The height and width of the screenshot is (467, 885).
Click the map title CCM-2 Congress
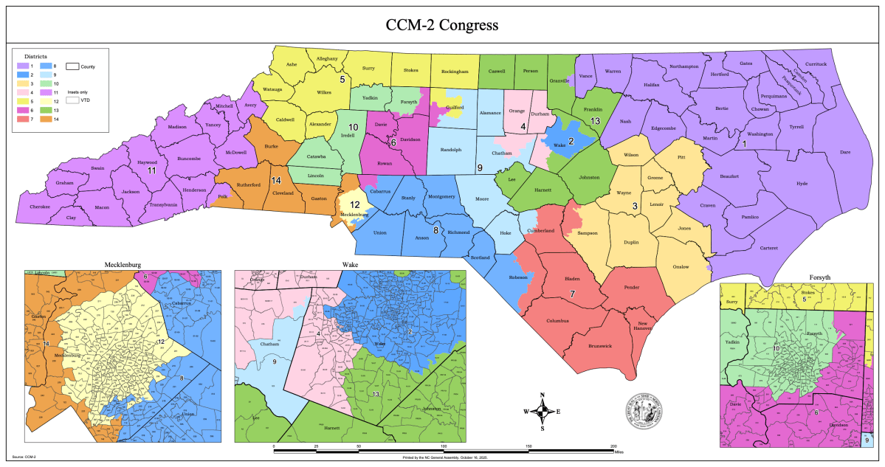coord(442,26)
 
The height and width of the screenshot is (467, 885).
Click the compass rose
coord(542,412)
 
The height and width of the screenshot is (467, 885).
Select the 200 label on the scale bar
coord(613,446)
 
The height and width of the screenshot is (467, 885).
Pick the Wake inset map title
coord(349,264)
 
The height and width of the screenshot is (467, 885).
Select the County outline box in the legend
coord(72,66)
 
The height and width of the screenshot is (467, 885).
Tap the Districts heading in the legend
coord(35,56)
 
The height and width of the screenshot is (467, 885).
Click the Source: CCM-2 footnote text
coord(24,457)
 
